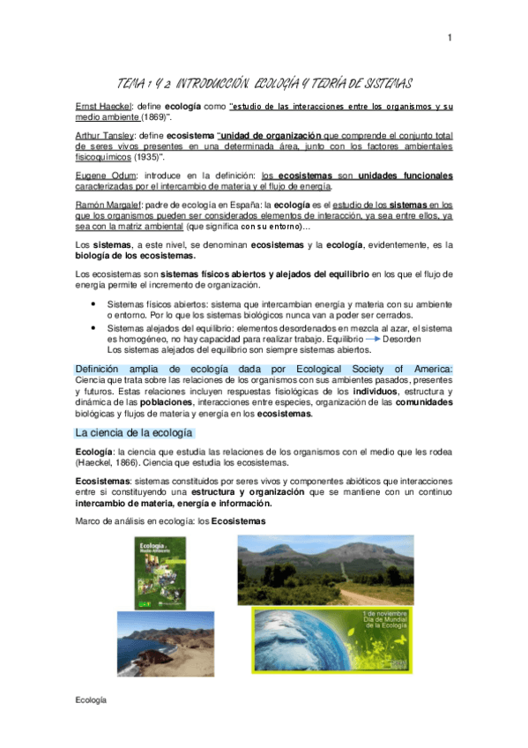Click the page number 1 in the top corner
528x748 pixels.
[450, 37]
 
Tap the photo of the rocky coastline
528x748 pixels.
[165, 643]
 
